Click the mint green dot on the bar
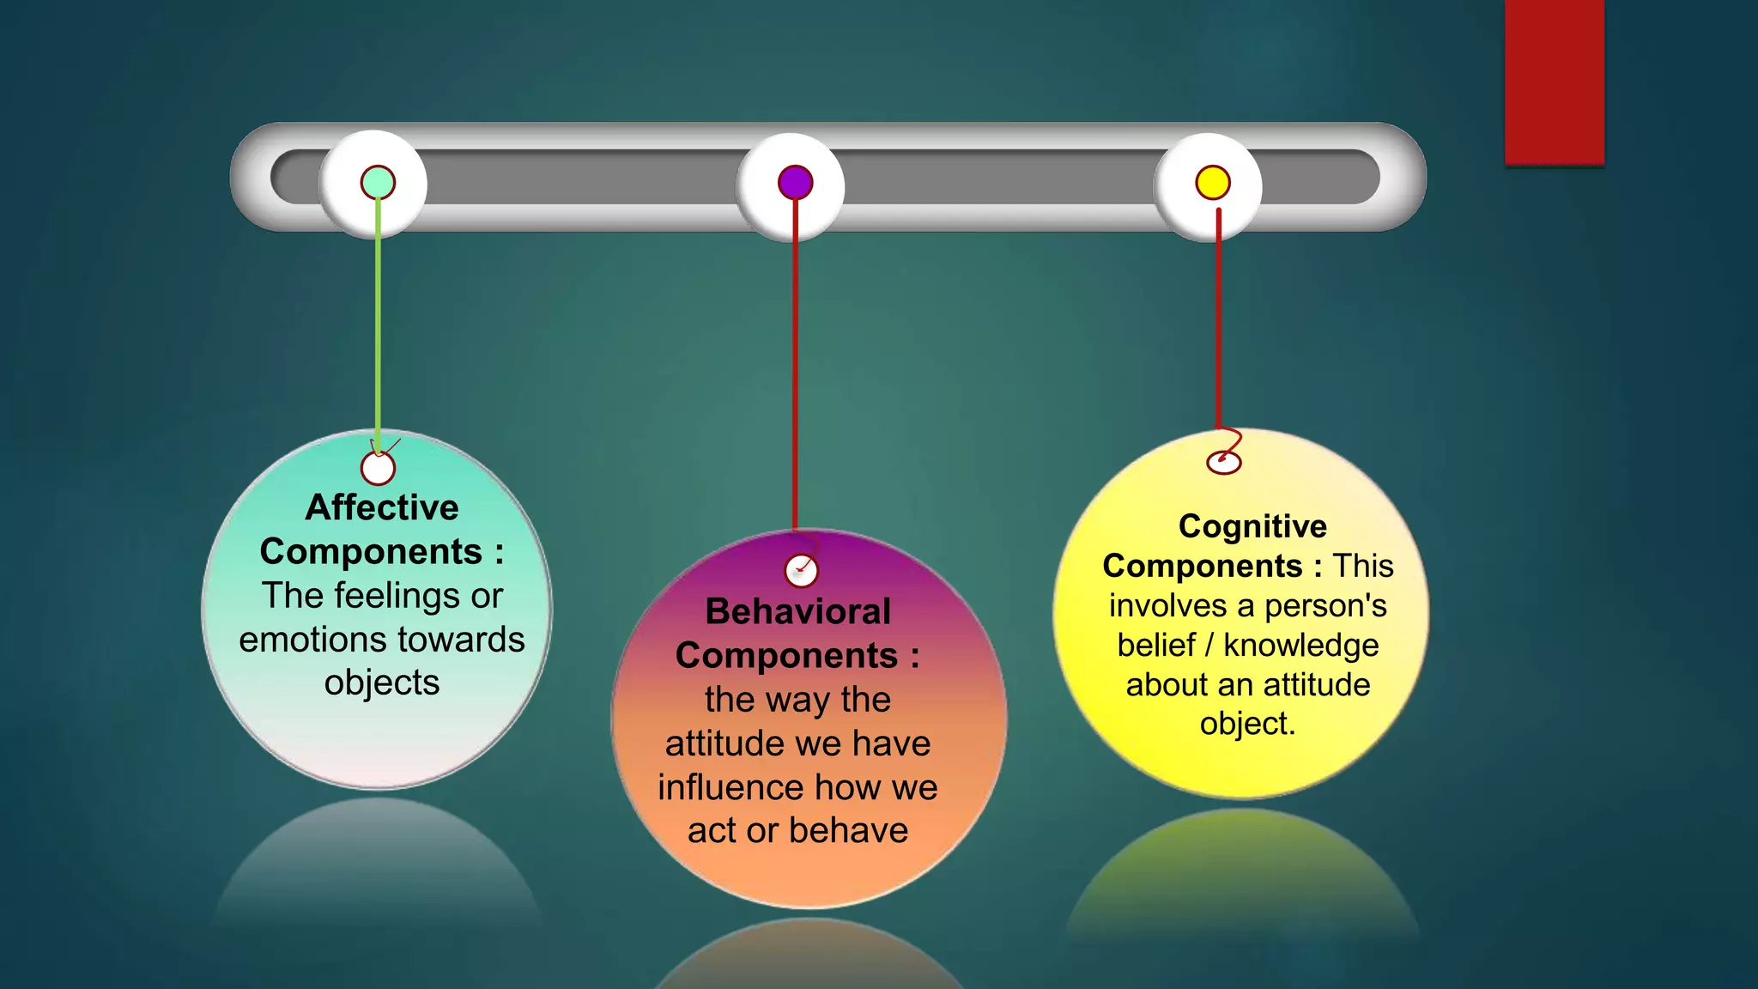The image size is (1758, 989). click(x=378, y=182)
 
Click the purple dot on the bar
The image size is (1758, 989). click(x=796, y=182)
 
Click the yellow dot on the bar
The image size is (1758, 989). click(x=1213, y=182)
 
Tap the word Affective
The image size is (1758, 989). click(x=382, y=507)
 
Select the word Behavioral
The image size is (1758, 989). click(x=797, y=611)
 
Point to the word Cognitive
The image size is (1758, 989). click(x=1252, y=526)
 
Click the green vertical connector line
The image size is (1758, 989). click(x=378, y=326)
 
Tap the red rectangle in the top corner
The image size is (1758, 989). click(x=1554, y=82)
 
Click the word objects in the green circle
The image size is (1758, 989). click(x=382, y=683)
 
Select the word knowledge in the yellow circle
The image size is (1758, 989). click(x=1300, y=646)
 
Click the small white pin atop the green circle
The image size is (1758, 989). click(x=378, y=469)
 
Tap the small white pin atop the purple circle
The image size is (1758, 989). click(x=801, y=571)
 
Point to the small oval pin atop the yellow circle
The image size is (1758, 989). click(x=1224, y=463)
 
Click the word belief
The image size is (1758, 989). click(x=1156, y=646)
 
